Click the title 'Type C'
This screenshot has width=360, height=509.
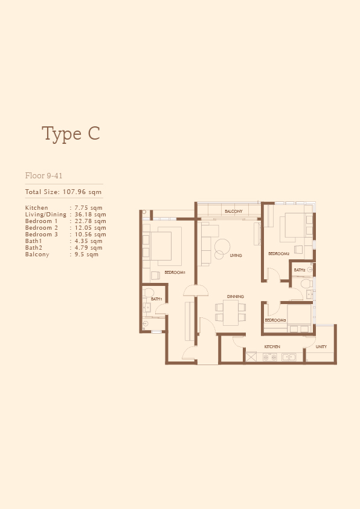tap(71, 134)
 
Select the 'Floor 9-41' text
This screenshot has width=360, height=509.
tap(43, 176)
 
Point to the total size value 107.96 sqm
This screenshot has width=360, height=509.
tap(82, 192)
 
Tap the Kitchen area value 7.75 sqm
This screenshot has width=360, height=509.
tap(89, 208)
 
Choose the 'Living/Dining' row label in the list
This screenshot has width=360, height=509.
tap(46, 215)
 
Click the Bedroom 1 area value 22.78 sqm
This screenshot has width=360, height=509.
tap(91, 221)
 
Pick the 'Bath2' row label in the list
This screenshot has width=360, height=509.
tap(34, 248)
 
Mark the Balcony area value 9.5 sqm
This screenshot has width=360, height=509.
tap(86, 254)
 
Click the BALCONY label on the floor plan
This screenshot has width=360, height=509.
tap(234, 212)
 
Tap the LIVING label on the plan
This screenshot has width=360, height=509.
tap(236, 256)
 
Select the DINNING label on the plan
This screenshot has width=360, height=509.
tap(236, 296)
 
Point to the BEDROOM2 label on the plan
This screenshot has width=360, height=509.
tap(278, 253)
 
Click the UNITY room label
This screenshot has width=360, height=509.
tap(321, 347)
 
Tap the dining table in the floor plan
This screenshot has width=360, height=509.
tap(231, 313)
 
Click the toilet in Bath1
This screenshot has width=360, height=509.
tap(149, 292)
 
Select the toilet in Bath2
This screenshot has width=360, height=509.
tap(306, 284)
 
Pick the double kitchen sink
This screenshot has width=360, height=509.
tap(289, 357)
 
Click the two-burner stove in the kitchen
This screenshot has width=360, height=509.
tap(270, 357)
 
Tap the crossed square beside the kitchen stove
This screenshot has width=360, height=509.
tap(251, 357)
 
